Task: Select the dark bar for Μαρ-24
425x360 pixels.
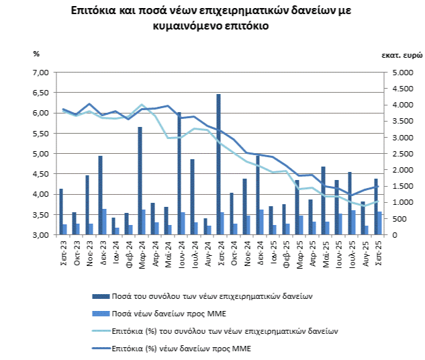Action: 140,181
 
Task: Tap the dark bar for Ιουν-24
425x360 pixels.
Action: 179,174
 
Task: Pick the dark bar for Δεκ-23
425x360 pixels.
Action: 100,195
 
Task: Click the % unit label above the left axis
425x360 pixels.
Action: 36,53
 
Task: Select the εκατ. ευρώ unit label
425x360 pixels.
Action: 400,53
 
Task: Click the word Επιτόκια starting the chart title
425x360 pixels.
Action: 95,11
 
